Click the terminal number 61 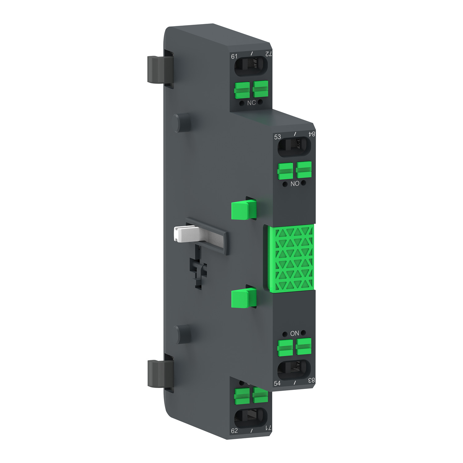pos(234,56)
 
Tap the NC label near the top pos(251,103)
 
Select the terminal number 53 pos(277,137)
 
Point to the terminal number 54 pos(277,383)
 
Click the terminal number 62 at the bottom pos(234,431)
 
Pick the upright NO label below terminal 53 pos(295,184)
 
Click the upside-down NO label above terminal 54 pos(294,333)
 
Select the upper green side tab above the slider pos(243,210)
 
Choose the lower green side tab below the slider pos(243,298)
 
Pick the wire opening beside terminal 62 pos(250,418)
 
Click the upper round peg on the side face pos(181,123)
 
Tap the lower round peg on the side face pos(181,334)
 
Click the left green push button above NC pos(242,90)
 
